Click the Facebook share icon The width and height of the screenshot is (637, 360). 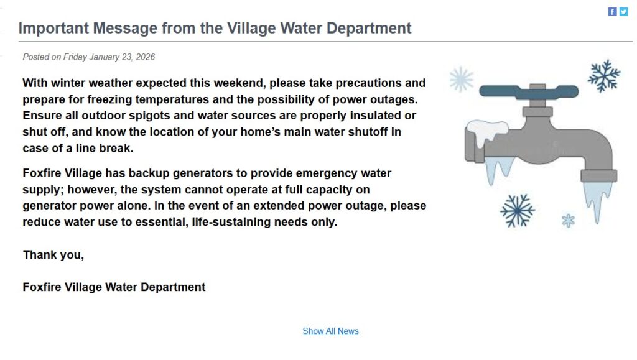pos(613,12)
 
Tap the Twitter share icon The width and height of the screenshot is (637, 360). pos(623,12)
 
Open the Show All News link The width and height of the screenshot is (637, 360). pos(330,331)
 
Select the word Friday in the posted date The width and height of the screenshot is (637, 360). pos(75,57)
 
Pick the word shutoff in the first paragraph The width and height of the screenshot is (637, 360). pos(370,132)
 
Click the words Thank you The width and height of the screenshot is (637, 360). pos(53,254)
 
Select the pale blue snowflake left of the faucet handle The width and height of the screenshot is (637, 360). pos(461,79)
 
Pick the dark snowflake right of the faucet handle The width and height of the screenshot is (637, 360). pos(604,76)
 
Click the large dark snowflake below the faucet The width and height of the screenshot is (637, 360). pos(518,210)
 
